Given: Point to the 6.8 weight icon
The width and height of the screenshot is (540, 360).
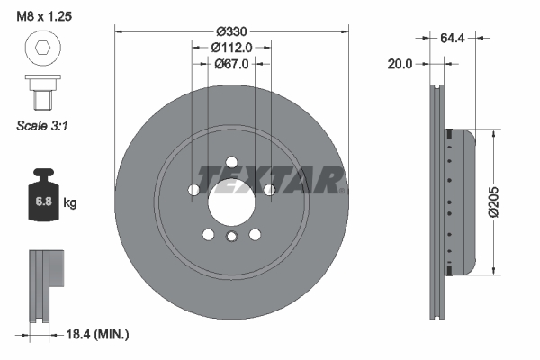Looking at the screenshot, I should coord(42,199).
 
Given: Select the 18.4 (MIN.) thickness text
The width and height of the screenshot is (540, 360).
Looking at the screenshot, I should coord(99,334).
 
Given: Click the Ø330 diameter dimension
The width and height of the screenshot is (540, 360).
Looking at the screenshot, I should coord(230,30).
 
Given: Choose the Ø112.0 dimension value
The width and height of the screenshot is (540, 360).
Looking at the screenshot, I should coord(230,47).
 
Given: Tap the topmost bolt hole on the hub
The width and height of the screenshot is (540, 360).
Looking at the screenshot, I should coord(231,162).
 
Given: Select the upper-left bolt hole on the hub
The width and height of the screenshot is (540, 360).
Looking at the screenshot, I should coord(194,190).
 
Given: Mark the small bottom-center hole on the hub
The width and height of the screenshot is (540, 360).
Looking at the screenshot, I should coord(231,238).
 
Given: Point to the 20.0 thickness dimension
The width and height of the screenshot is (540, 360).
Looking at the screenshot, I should coord(400,64).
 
